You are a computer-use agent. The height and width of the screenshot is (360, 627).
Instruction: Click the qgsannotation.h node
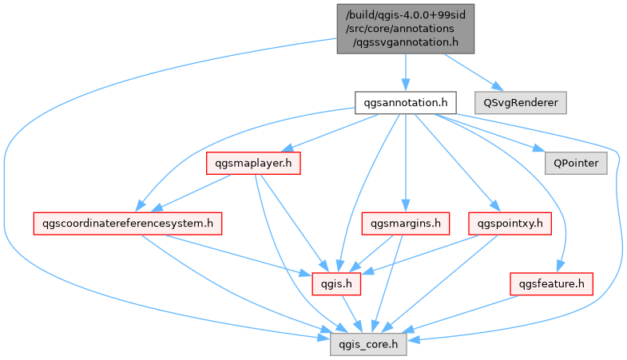pyautogui.click(x=405, y=102)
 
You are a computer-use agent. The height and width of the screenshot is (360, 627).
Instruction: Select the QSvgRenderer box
pyautogui.click(x=519, y=102)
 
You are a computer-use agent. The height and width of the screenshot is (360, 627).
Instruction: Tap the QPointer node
pyautogui.click(x=575, y=163)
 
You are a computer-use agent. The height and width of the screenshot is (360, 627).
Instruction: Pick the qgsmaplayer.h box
pyautogui.click(x=253, y=163)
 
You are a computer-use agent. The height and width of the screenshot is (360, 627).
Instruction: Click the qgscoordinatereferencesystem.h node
pyautogui.click(x=127, y=224)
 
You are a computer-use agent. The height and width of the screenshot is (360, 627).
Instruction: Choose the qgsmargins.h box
pyautogui.click(x=406, y=224)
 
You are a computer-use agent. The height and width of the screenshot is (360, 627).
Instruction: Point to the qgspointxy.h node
pyautogui.click(x=510, y=224)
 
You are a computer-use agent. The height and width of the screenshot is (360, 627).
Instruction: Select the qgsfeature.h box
pyautogui.click(x=551, y=283)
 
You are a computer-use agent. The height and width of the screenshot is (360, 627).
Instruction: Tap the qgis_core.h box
pyautogui.click(x=369, y=343)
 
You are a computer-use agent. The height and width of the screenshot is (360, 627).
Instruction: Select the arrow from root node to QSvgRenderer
pyautogui.click(x=471, y=71)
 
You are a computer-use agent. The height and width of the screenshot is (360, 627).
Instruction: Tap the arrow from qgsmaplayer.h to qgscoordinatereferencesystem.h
pyautogui.click(x=192, y=192)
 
